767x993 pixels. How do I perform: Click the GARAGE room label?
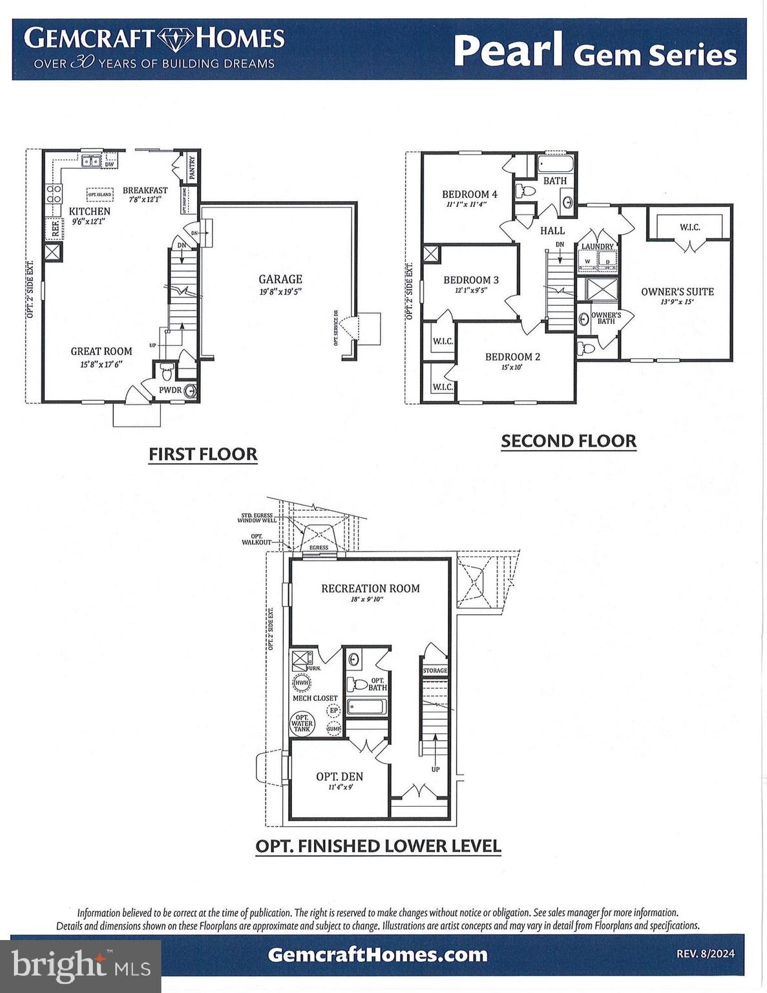click(280, 279)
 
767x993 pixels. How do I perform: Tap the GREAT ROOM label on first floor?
click(101, 351)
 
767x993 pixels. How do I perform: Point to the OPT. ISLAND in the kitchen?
click(100, 194)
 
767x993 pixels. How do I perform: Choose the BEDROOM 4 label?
click(470, 194)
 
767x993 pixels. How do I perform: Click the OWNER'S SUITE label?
click(677, 292)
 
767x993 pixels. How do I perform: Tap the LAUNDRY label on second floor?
click(597, 246)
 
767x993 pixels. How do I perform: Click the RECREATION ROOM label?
click(370, 588)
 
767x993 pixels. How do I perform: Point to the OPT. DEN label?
click(339, 776)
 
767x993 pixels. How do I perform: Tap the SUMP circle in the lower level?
click(333, 729)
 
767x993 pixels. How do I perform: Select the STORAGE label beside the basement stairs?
click(435, 670)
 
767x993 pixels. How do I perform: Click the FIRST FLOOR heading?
click(203, 454)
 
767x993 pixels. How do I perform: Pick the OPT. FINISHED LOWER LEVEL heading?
click(378, 846)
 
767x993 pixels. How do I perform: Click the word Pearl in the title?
click(508, 51)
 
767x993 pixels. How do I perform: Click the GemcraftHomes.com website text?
click(377, 954)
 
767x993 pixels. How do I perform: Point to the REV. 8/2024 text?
click(705, 954)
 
